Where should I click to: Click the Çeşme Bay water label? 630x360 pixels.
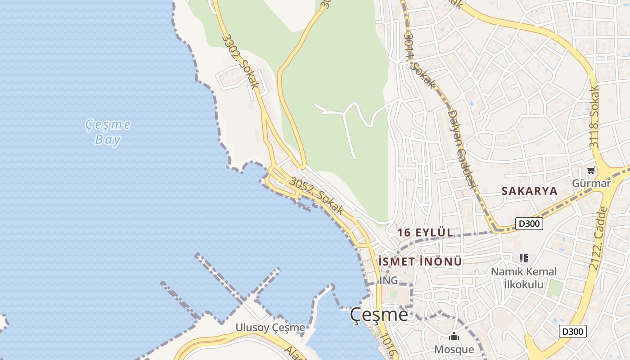point(108,132)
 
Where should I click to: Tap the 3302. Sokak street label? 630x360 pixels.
point(241,61)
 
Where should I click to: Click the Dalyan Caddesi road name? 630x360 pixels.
point(462,148)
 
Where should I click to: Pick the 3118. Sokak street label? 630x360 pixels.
point(594,117)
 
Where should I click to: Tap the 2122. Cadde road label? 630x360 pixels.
point(598,238)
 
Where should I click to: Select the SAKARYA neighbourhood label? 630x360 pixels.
point(529,191)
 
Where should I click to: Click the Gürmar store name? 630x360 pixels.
point(591,183)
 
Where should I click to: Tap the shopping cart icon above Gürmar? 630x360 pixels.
point(591,171)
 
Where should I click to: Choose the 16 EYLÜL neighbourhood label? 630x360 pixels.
point(425,233)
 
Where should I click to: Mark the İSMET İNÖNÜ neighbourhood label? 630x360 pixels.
point(420,261)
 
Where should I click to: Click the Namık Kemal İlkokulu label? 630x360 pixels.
point(523,278)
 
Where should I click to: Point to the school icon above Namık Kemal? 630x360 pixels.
point(523,258)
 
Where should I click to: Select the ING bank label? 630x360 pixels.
point(389,280)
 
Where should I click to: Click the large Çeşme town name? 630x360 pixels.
point(379,315)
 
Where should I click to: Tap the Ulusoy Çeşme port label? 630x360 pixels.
point(270,328)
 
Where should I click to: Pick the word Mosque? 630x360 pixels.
point(454,349)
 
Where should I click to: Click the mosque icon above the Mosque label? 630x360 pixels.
point(454,337)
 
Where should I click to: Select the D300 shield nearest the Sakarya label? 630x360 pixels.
point(530,224)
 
